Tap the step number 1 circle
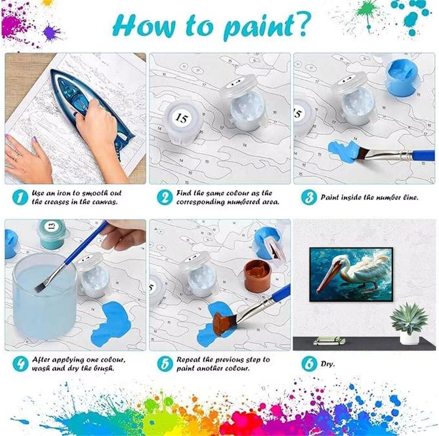pyautogui.click(x=21, y=197)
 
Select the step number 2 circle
pyautogui.click(x=165, y=197)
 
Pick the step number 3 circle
pyautogui.click(x=309, y=197)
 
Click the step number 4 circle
pyautogui.click(x=21, y=364)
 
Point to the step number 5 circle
pyautogui.click(x=165, y=364)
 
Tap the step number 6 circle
pyautogui.click(x=309, y=364)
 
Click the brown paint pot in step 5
pyautogui.click(x=257, y=275)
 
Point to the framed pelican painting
pyautogui.click(x=351, y=274)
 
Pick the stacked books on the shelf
pyautogui.click(x=329, y=341)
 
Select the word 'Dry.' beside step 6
pyautogui.click(x=328, y=364)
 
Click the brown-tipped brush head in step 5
pyautogui.click(x=221, y=324)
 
